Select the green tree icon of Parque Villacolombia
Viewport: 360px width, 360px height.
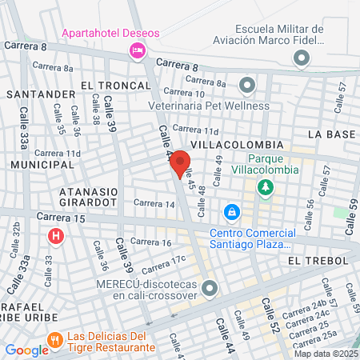[x=265, y=187]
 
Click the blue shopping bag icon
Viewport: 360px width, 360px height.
[x=231, y=213]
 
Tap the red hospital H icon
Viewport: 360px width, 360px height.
[x=55, y=236]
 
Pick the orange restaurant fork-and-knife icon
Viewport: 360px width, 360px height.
[x=54, y=339]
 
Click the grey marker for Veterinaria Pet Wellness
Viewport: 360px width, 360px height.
[x=246, y=84]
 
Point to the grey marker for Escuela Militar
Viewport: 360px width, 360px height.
[x=301, y=58]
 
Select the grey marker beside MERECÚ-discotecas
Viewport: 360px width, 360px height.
[x=210, y=288]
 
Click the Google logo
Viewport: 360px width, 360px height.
[x=26, y=350]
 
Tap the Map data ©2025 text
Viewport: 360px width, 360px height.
[x=326, y=354]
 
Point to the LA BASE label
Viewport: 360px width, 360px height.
[x=330, y=134]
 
